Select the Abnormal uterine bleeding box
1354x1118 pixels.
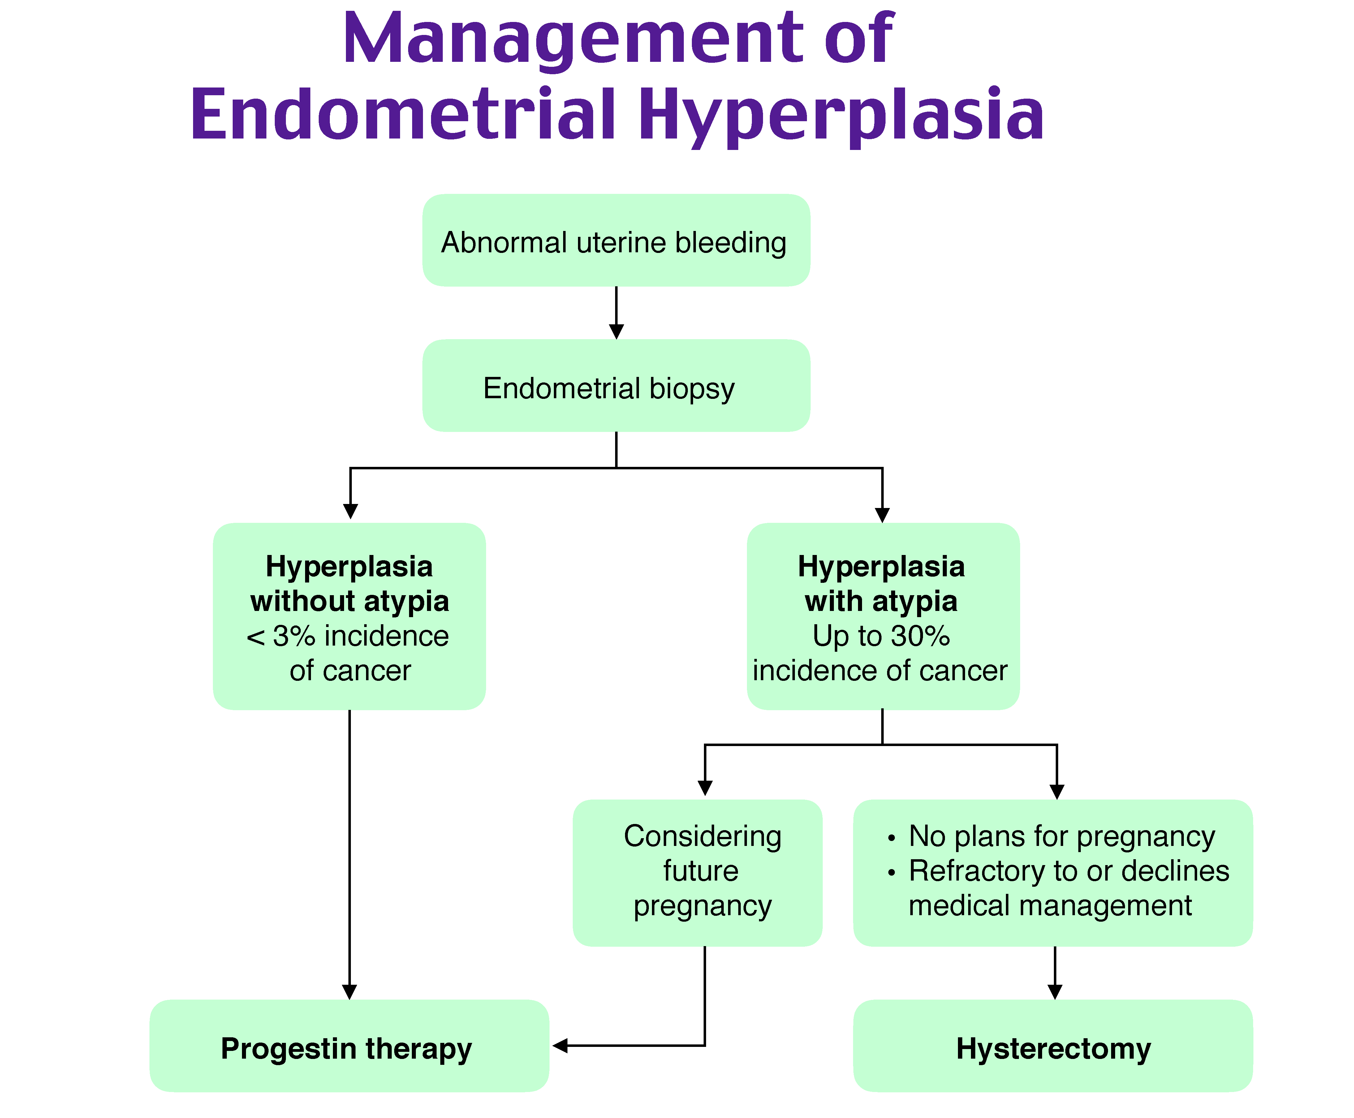[x=615, y=240]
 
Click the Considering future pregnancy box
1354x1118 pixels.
[x=697, y=873]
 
